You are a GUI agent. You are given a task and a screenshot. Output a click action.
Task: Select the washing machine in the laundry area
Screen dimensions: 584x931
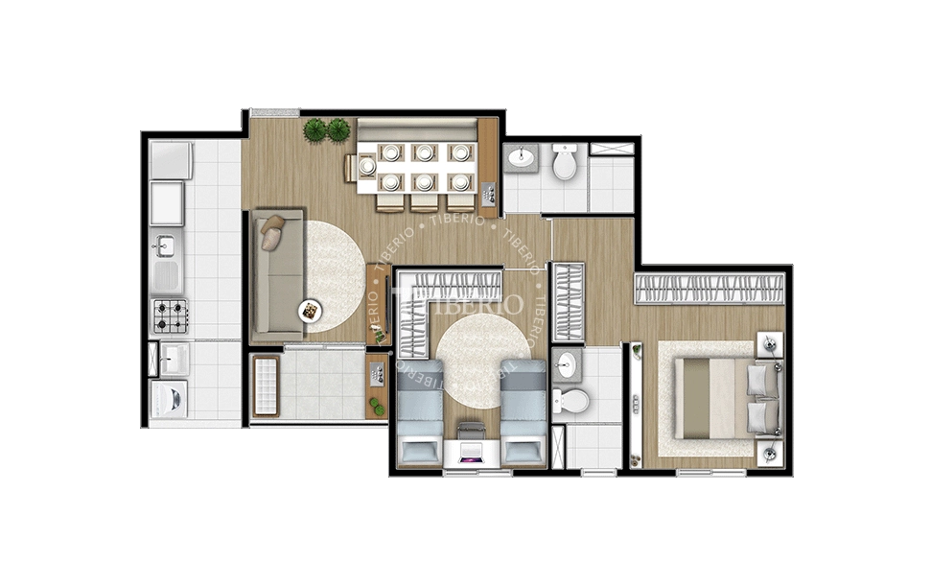169,398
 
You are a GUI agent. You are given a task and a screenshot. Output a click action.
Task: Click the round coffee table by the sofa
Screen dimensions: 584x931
311,310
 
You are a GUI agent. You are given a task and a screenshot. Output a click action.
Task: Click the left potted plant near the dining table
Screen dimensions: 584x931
315,129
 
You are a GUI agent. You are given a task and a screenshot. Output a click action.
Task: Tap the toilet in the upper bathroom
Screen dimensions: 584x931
565,162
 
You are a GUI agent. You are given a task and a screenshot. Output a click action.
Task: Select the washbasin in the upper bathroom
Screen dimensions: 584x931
523,157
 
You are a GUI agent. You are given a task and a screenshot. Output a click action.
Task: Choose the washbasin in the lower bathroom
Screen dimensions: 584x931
566,364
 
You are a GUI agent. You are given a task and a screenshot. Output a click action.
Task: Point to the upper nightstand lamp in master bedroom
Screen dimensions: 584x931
770,342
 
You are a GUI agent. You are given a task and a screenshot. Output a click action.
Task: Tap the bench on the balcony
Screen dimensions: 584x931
266,385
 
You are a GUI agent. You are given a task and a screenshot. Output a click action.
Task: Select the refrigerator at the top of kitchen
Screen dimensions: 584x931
171,160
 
